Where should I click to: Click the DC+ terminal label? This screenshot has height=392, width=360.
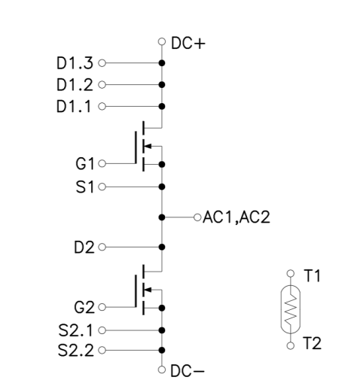point(188,43)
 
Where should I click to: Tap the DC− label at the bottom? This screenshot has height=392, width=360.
point(188,371)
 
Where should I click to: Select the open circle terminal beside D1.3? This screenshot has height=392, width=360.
point(102,63)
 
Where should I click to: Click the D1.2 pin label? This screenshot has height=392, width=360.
point(75,85)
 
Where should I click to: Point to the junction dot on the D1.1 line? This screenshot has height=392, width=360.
point(162,106)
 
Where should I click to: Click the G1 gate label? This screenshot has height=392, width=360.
point(85,164)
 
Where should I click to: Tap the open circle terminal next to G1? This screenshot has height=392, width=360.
point(102,163)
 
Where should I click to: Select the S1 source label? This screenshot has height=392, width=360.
point(85,187)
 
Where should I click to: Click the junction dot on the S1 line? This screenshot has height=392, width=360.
point(162,187)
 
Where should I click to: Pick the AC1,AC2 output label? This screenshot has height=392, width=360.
point(236,217)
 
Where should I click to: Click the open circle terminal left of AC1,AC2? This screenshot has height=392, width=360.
point(197,217)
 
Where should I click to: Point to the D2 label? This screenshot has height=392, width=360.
point(84,248)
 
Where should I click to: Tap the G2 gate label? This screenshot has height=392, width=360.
point(84,307)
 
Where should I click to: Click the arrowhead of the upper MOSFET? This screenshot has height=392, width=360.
point(148,146)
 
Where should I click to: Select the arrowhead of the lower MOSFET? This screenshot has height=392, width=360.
point(148,290)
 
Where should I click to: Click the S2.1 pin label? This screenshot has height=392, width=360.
point(75,330)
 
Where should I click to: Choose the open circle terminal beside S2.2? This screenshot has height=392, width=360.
point(102,350)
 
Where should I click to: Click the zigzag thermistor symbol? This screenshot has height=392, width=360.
point(291,309)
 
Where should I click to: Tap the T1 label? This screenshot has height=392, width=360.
point(312,275)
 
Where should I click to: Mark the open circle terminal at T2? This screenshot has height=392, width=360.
point(291,345)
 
